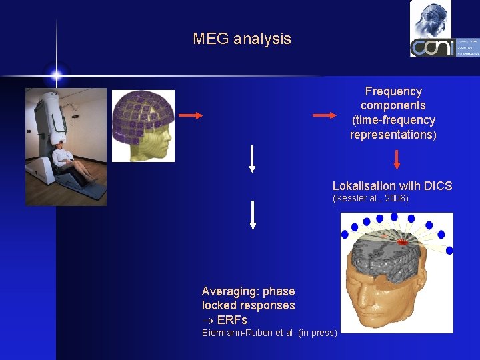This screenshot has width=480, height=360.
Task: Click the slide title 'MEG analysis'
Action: click(242, 39)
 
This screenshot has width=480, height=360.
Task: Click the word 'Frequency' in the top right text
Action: click(393, 91)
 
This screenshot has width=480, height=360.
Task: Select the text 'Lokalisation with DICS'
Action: click(392, 186)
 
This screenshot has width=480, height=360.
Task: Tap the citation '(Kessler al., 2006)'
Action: click(370, 199)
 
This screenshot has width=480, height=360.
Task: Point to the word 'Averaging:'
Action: click(231, 291)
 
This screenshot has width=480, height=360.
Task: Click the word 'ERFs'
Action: click(232, 320)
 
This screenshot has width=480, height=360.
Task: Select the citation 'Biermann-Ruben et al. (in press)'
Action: click(269, 333)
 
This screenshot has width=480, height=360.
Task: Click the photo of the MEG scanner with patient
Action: click(66, 147)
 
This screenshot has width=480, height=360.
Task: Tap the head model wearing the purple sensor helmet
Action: click(143, 126)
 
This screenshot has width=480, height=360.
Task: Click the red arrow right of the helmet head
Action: click(191, 115)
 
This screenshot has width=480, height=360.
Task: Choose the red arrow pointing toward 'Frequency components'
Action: click(325, 115)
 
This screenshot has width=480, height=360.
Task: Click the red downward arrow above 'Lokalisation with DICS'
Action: click(397, 159)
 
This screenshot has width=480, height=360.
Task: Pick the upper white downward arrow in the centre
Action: click(252, 159)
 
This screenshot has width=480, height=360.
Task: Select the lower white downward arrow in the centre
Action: click(252, 215)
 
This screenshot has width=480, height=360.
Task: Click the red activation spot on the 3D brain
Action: click(402, 242)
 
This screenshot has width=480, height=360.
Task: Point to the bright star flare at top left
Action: click(56, 75)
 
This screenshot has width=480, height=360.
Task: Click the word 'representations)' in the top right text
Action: click(393, 135)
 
